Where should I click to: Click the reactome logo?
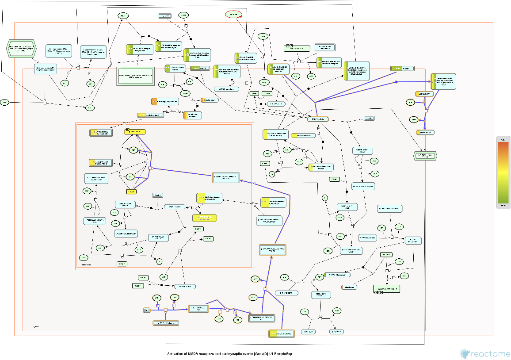pyautogui.click(x=484, y=353)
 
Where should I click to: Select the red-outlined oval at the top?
pyautogui.click(x=233, y=15)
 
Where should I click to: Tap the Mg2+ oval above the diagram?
pyautogui.click(x=123, y=15)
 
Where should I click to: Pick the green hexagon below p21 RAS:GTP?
pyautogui.click(x=424, y=155)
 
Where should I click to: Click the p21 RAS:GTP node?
pyautogui.click(x=425, y=132)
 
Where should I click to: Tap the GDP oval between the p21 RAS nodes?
pyautogui.click(x=413, y=120)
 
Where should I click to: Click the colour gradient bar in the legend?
pyautogui.click(x=503, y=173)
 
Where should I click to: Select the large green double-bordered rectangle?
pyautogui.click(x=135, y=77)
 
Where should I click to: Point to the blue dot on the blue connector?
pyautogui.click(x=397, y=82)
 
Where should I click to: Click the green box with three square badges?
pyautogui.click(x=386, y=289)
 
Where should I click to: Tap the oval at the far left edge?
pyautogui.click(x=4, y=103)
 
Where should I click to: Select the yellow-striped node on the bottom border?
pyautogui.click(x=282, y=333)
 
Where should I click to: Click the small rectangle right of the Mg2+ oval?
pyautogui.click(x=164, y=16)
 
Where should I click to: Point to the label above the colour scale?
pyautogui.click(x=503, y=139)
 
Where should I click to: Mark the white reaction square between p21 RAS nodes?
pyautogui.click(x=426, y=111)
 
